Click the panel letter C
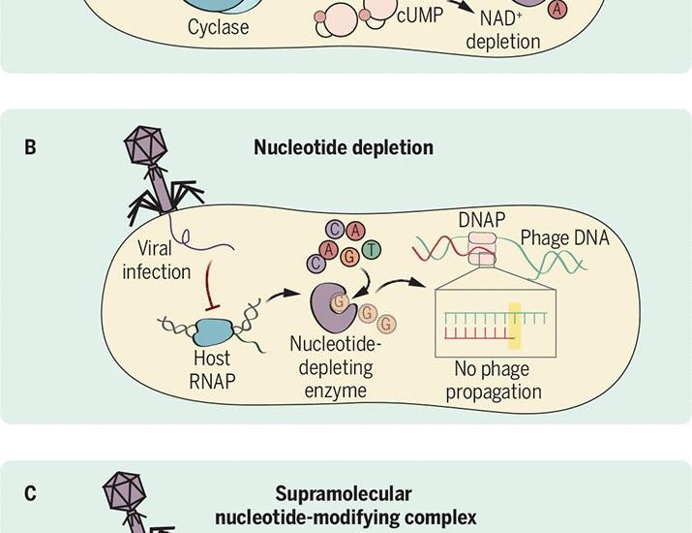(31, 494)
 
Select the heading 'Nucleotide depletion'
(344, 148)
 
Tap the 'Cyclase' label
(218, 28)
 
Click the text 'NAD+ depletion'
(502, 31)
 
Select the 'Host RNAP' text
(210, 369)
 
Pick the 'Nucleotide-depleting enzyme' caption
(336, 367)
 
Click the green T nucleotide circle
(372, 252)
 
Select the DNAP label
(481, 220)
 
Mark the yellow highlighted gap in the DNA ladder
(514, 323)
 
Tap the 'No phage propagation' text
(497, 381)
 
